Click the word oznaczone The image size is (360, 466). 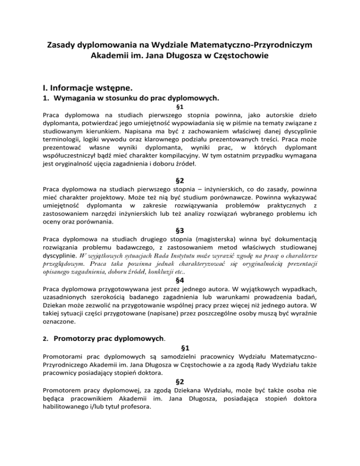pyautogui.click(x=60, y=323)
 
